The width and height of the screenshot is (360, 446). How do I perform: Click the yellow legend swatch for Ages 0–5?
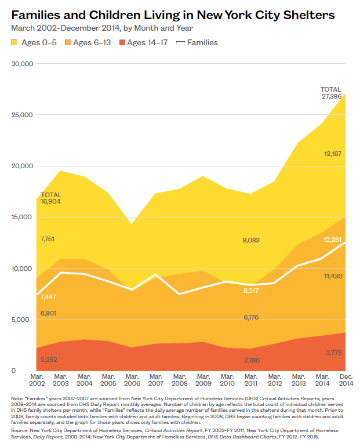(x=15, y=43)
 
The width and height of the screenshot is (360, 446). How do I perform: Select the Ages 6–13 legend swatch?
(x=68, y=43)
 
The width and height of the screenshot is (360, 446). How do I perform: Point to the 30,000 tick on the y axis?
(x=23, y=64)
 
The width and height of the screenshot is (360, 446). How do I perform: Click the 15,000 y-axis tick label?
(x=23, y=217)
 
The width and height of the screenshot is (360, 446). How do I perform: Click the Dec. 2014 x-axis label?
(x=346, y=380)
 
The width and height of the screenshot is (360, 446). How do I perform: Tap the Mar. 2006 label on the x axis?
(x=132, y=380)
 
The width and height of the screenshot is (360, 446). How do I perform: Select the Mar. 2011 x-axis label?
(x=250, y=380)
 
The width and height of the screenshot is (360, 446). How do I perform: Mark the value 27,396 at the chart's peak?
(x=332, y=96)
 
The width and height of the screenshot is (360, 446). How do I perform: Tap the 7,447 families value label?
(x=49, y=297)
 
